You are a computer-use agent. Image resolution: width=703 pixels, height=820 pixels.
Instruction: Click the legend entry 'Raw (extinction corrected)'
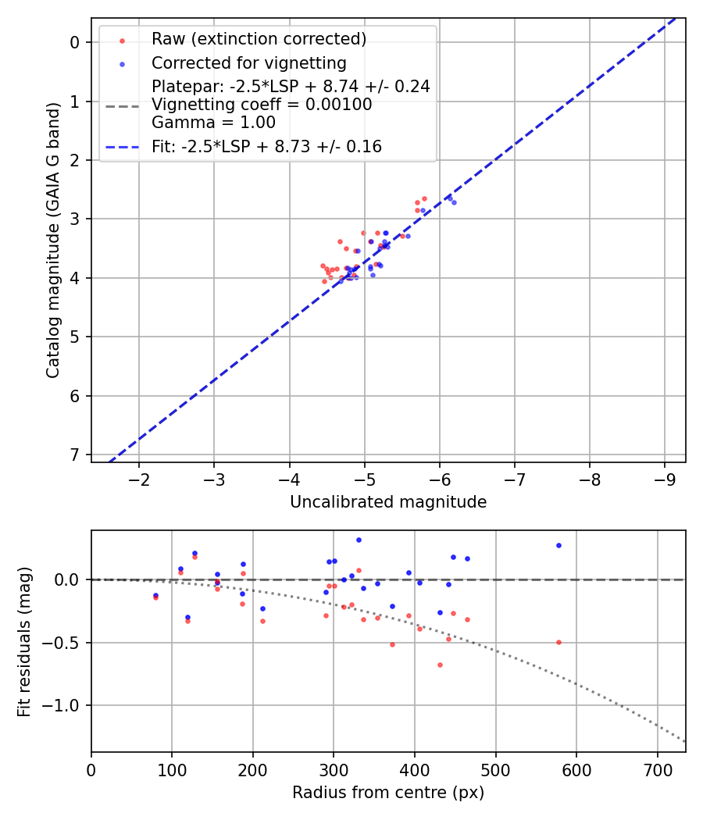(x=259, y=39)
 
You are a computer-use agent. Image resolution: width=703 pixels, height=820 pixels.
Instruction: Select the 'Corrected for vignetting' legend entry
(x=248, y=62)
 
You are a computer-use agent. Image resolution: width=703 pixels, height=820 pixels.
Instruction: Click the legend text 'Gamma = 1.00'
(x=213, y=123)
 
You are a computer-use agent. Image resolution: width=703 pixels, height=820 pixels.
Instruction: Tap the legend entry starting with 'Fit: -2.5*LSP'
(x=266, y=147)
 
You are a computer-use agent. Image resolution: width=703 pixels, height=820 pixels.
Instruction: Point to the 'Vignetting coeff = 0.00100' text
(x=262, y=105)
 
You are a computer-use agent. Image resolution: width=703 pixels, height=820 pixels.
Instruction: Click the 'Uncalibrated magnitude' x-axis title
(x=388, y=502)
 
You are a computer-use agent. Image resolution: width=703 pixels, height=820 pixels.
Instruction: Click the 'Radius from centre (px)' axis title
(x=388, y=793)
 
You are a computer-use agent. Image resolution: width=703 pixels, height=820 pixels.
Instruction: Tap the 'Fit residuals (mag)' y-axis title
(x=24, y=641)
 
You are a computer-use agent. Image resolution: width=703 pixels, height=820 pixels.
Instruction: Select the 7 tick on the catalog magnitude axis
(x=76, y=455)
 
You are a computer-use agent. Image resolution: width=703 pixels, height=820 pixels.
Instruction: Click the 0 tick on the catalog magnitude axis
(x=76, y=42)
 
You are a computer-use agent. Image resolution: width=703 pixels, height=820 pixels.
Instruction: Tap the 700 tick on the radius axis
(x=657, y=768)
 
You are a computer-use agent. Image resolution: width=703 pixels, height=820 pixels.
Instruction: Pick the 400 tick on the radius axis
(x=415, y=768)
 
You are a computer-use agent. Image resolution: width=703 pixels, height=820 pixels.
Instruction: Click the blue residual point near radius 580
(x=558, y=545)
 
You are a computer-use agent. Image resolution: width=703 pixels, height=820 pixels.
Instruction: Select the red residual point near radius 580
(x=558, y=642)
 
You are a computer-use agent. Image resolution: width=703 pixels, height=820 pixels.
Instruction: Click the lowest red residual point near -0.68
(x=440, y=665)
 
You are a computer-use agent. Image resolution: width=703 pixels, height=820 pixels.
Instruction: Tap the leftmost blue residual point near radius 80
(x=155, y=595)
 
